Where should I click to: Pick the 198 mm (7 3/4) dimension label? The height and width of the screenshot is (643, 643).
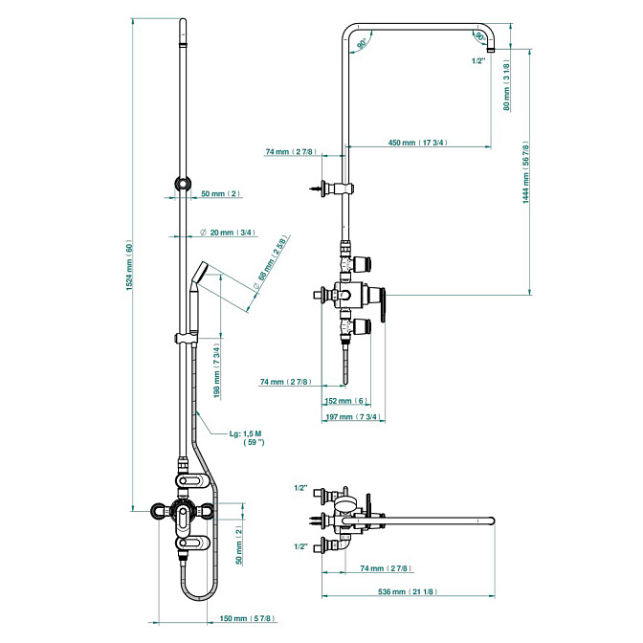click(217, 370)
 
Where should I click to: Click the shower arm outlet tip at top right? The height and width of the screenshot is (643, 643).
click(490, 48)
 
